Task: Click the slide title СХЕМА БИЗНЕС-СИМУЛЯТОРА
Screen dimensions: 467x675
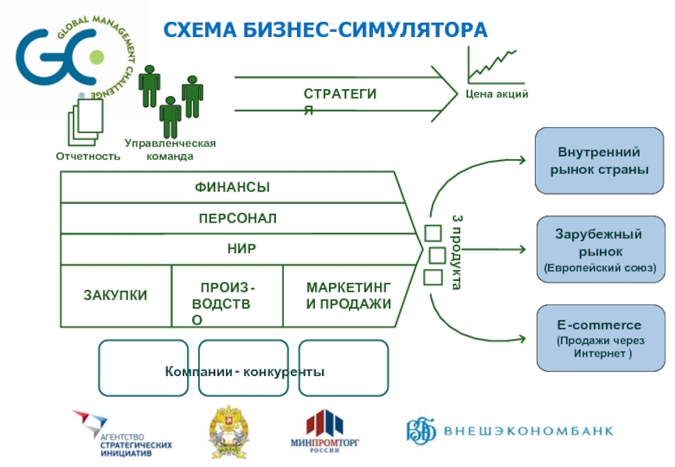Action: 326,31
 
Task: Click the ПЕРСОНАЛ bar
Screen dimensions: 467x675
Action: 237,218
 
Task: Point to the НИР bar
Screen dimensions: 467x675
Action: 240,250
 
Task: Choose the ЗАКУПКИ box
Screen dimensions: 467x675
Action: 116,295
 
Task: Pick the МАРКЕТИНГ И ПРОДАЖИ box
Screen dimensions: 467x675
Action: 348,296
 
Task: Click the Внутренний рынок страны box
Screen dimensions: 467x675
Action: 599,161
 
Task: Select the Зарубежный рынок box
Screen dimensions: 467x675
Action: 599,250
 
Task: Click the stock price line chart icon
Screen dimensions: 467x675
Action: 492,64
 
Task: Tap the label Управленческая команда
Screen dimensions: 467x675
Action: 170,149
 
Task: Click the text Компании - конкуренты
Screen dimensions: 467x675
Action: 245,372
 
